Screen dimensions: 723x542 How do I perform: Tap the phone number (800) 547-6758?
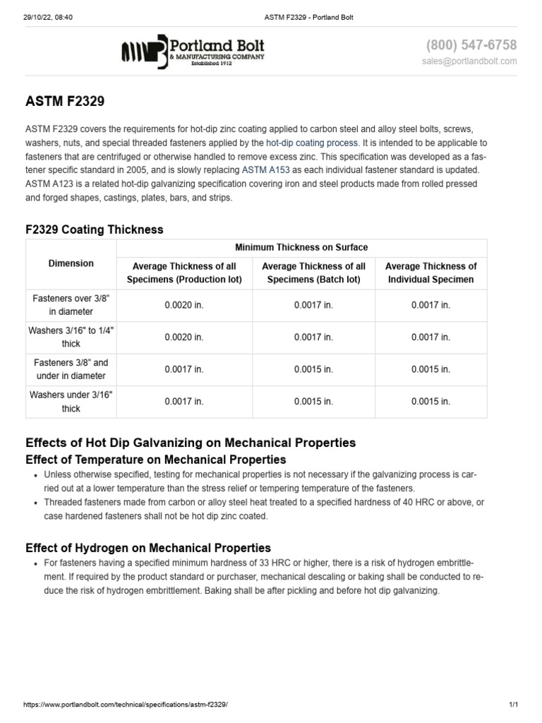click(471, 45)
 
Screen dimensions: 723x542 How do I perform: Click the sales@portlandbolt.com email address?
click(469, 61)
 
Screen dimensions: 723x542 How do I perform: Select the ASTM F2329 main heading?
click(65, 102)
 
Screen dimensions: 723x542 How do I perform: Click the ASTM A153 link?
click(265, 170)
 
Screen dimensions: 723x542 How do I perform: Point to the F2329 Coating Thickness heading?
click(94, 229)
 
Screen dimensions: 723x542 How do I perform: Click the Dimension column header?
click(71, 263)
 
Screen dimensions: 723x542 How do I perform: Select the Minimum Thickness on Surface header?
click(301, 247)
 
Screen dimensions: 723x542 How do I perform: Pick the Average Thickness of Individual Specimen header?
click(430, 273)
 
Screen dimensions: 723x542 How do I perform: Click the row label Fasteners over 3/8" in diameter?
click(71, 305)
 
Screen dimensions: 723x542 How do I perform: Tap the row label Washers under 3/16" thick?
click(71, 402)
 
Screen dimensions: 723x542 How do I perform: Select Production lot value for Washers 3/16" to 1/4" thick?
click(184, 337)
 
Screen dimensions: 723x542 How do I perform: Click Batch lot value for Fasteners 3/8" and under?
click(313, 369)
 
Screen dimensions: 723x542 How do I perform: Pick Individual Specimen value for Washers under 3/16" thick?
click(430, 402)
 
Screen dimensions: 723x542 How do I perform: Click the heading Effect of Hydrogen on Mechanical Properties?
click(148, 548)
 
